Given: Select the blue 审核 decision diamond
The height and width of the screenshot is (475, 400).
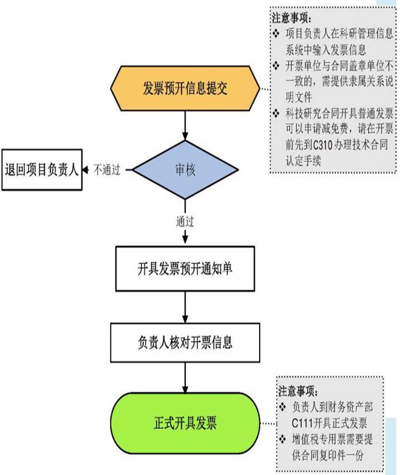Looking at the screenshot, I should coord(185,170).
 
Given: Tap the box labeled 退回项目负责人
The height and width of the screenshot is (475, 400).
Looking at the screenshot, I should coord(42,170).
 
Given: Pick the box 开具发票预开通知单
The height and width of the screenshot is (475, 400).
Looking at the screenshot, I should coord(185,269).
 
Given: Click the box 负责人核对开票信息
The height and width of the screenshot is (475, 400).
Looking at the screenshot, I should coord(185,343).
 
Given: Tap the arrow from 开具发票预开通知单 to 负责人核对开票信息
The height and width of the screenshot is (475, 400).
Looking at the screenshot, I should coord(185,307).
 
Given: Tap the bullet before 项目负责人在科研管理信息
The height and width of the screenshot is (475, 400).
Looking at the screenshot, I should coord(277,34).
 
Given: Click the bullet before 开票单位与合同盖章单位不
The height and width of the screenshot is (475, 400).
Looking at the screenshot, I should coord(277,66).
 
